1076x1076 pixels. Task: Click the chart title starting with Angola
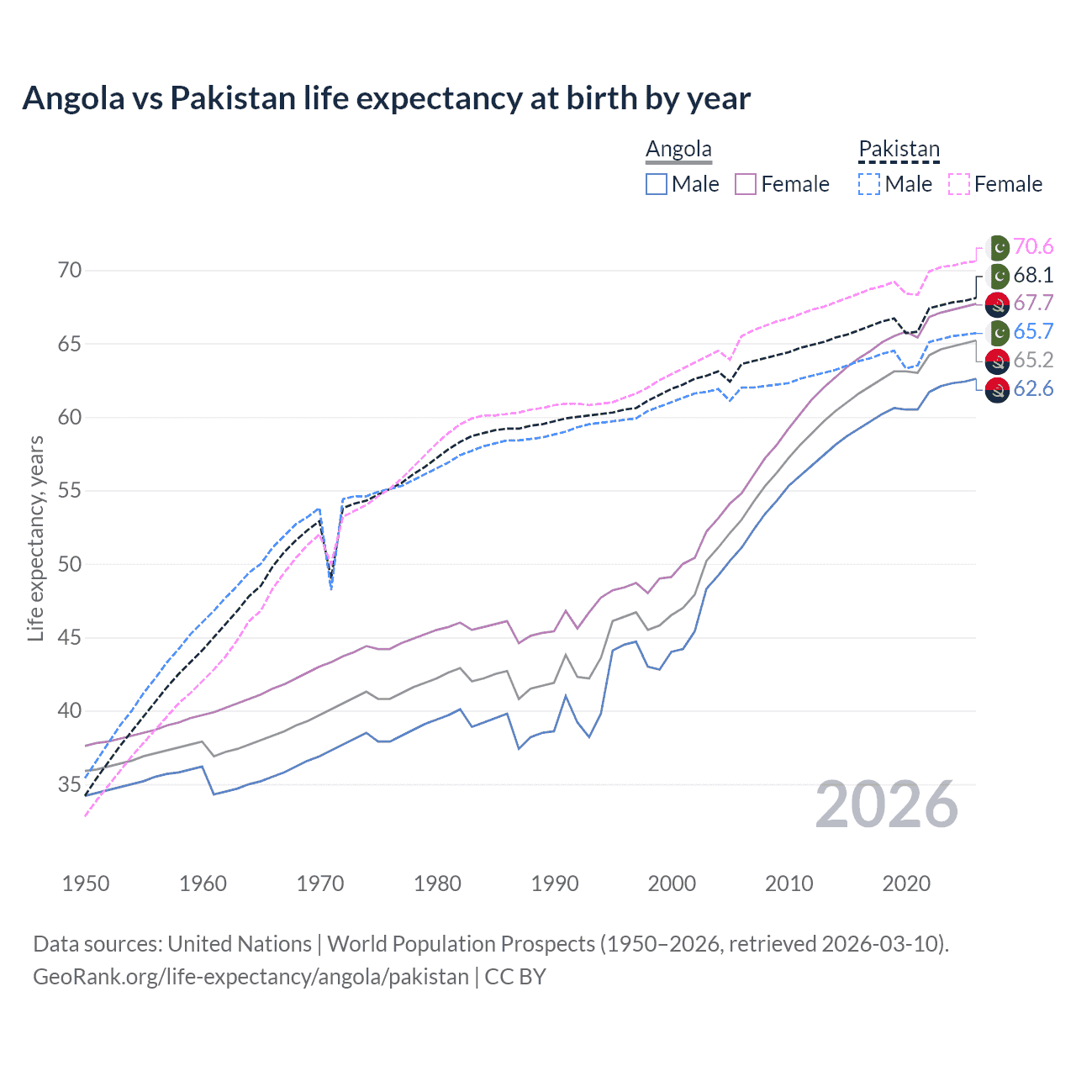(x=386, y=98)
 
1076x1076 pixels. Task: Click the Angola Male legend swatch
(x=657, y=184)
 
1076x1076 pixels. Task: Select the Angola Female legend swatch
(x=746, y=184)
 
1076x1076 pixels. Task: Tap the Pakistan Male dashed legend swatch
(x=869, y=184)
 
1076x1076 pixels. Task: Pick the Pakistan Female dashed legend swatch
(x=959, y=184)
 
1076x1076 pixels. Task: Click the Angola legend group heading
(x=678, y=150)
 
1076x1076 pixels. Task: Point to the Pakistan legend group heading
(x=899, y=150)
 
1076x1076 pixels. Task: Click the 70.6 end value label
(x=1033, y=246)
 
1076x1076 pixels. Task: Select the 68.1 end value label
(x=1033, y=275)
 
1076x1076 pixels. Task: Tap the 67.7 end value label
(x=1033, y=303)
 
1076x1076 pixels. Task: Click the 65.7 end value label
(x=1033, y=331)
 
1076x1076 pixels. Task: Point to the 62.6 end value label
(x=1033, y=388)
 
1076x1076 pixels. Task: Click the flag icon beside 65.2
(x=997, y=361)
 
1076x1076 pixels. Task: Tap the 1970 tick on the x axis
(x=320, y=883)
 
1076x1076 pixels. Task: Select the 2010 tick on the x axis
(x=789, y=883)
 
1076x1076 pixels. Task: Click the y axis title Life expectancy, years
(x=35, y=538)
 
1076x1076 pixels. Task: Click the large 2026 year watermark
(x=887, y=804)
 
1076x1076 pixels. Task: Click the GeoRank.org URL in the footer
(x=251, y=977)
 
